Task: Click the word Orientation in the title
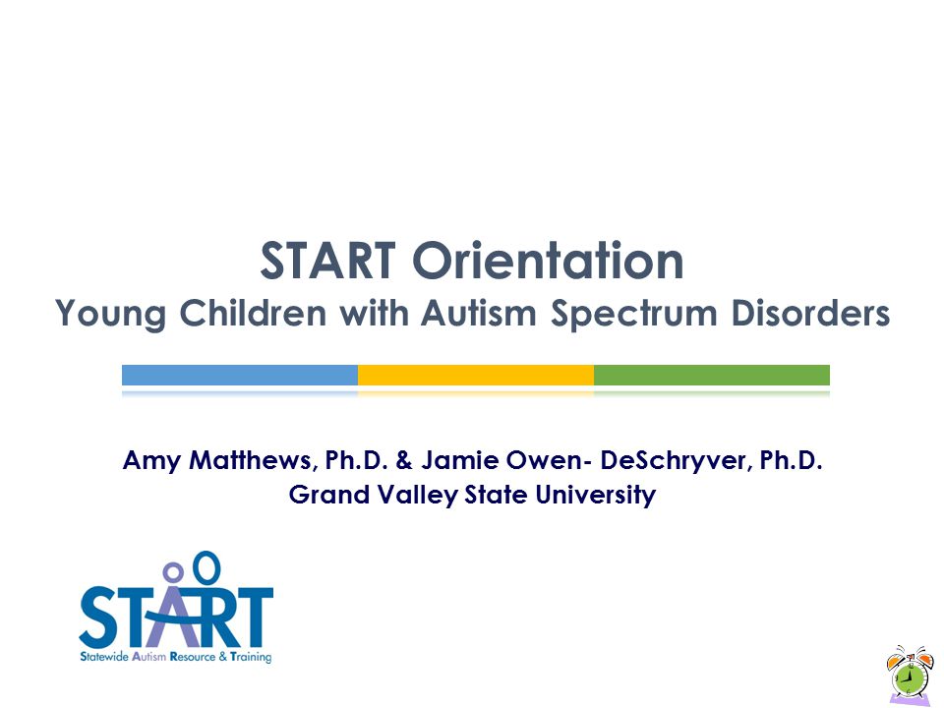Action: click(548, 261)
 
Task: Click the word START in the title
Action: click(327, 261)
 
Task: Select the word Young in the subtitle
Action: click(110, 315)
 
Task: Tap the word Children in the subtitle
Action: click(253, 313)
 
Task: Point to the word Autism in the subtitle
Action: click(479, 313)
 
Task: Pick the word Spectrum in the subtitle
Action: click(634, 315)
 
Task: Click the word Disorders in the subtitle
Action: click(810, 313)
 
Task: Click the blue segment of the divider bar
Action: click(240, 375)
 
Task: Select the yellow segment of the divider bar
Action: click(476, 375)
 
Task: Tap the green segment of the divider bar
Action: click(712, 375)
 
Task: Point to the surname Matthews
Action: click(253, 460)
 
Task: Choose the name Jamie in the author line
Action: click(460, 460)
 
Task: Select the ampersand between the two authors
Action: click(404, 460)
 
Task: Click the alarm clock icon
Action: click(909, 674)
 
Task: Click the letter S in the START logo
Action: click(98, 617)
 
